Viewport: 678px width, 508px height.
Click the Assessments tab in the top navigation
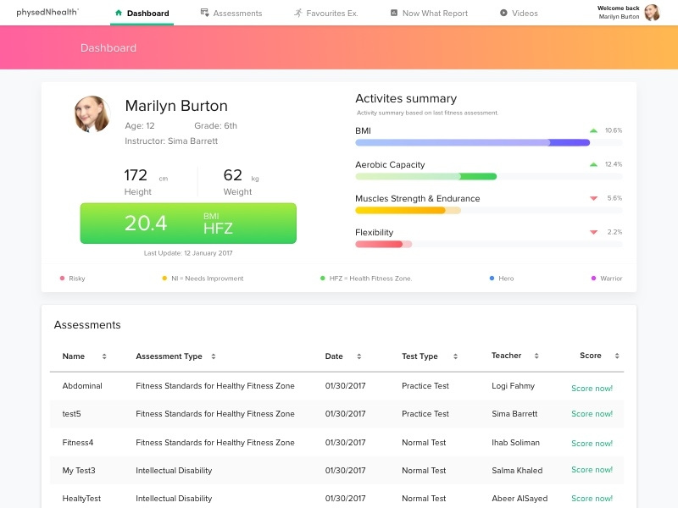coord(231,14)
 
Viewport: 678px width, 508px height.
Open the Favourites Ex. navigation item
coord(326,14)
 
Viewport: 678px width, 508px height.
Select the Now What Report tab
coord(428,14)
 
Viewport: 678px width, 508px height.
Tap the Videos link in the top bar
coord(519,14)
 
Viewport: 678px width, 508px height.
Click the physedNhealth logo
coord(47,13)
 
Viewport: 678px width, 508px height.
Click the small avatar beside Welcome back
coord(652,13)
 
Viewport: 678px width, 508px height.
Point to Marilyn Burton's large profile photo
coord(92,114)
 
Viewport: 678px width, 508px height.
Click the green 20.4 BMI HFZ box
coord(188,223)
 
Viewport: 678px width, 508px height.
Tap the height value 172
coord(136,175)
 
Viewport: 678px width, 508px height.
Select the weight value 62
coord(232,175)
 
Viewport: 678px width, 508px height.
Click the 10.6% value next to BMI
coord(614,130)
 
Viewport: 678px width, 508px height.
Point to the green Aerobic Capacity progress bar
coord(425,176)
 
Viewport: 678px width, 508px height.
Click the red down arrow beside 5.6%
coord(593,198)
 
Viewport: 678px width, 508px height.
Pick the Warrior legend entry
coord(607,279)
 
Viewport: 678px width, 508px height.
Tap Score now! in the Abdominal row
coord(592,389)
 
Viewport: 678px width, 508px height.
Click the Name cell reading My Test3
coord(79,471)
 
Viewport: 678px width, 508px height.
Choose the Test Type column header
coord(420,356)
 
